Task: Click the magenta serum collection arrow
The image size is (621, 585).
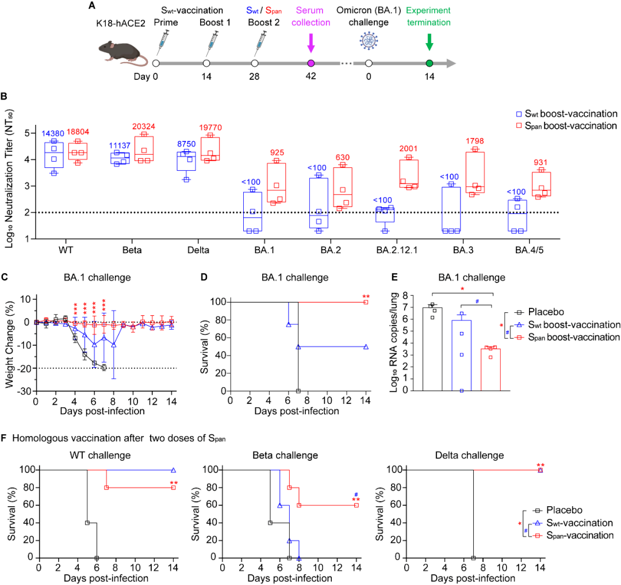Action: [x=311, y=43]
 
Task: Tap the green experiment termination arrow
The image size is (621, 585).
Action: [x=430, y=42]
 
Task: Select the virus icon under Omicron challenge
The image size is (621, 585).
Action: [x=369, y=41]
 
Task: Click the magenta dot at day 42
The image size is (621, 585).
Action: [x=311, y=63]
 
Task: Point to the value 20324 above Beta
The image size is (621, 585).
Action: [x=143, y=127]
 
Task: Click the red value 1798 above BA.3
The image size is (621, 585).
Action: [x=474, y=141]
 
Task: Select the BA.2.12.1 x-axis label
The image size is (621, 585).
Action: [x=397, y=250]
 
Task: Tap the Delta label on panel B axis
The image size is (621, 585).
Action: [x=198, y=250]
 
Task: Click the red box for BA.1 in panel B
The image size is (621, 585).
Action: [x=277, y=182]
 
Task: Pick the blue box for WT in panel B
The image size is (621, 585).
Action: [x=54, y=155]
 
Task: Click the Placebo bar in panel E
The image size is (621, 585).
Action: [x=432, y=349]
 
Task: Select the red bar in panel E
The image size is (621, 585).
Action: [x=490, y=369]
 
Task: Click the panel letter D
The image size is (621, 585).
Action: [x=204, y=277]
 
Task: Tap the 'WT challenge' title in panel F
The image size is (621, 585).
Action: [x=100, y=456]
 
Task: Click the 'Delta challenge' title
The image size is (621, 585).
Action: [x=469, y=456]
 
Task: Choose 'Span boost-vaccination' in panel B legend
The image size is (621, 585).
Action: [x=567, y=126]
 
